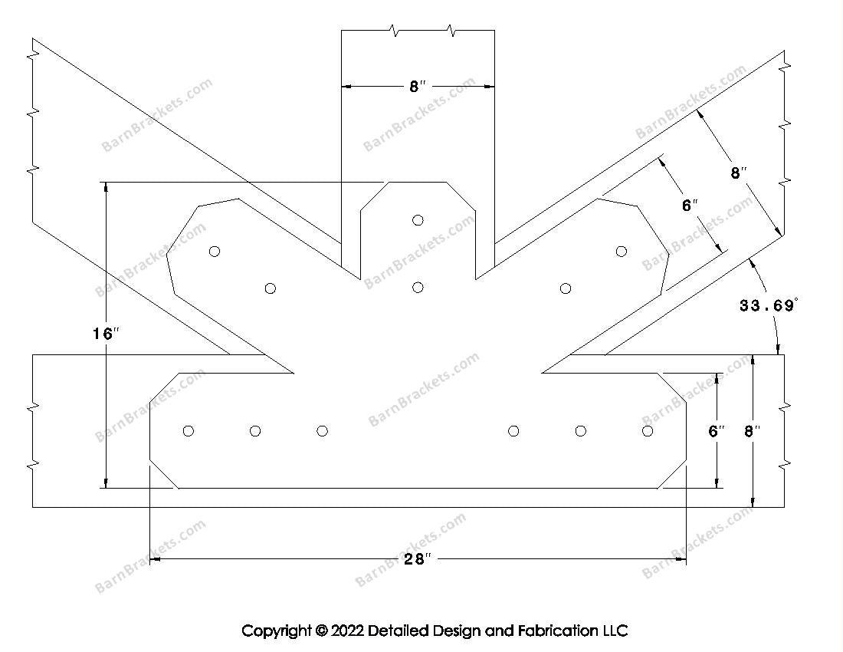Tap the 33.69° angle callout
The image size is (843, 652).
769,306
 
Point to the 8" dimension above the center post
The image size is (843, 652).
417,87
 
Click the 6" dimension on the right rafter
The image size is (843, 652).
690,206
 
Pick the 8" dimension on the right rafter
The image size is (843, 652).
738,173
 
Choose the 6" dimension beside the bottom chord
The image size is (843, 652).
717,431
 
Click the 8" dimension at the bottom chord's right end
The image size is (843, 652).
753,431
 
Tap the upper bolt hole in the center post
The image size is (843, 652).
418,220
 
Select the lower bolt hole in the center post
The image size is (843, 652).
418,288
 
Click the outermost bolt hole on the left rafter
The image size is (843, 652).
215,251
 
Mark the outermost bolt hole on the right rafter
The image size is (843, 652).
621,251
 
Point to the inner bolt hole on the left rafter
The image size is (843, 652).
270,288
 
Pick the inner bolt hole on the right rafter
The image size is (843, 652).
566,288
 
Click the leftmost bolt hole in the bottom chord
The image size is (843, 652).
189,431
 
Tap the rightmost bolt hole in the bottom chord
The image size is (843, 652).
648,431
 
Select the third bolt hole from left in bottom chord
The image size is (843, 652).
322,431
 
